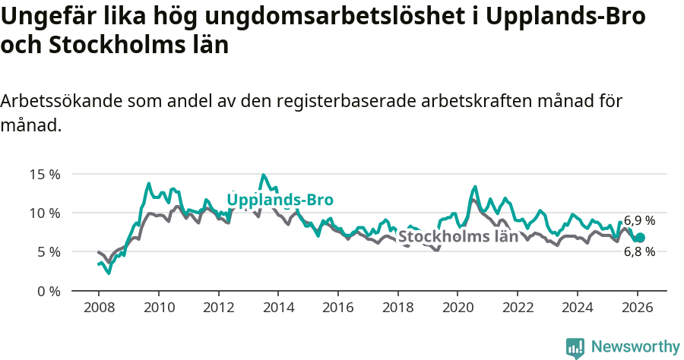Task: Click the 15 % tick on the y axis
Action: pos(44,174)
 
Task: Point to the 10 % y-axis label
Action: pos(44,213)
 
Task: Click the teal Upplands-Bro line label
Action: pos(280,200)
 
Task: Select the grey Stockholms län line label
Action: pos(458,236)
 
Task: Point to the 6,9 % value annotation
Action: pos(639,221)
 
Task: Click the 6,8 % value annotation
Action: pos(639,252)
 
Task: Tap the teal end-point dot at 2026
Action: pos(640,238)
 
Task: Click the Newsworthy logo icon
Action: pos(575,347)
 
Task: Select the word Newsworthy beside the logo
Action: pos(635,347)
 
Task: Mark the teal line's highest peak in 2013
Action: pos(264,175)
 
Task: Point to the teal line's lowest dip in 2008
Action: pos(109,273)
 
